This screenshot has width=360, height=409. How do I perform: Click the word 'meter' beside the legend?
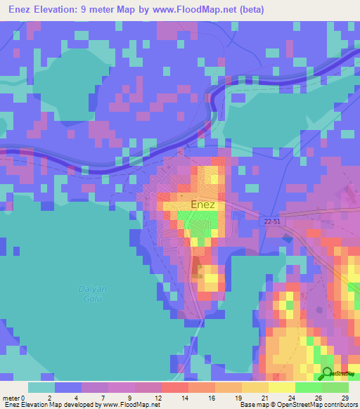pos(11,397)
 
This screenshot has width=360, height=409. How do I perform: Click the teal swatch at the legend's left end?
pos(41,387)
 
